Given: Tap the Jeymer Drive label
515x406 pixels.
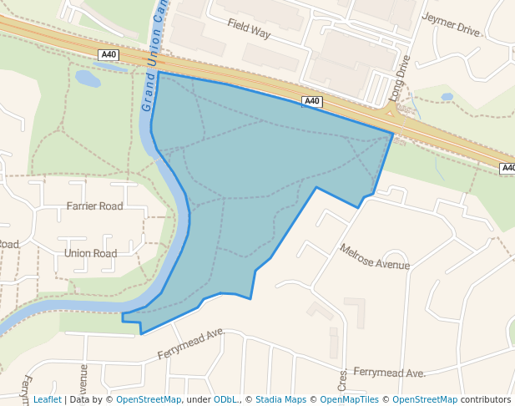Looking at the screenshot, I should point(452,24).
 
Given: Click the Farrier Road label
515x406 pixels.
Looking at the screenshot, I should point(94,206).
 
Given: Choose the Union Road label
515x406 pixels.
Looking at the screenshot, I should point(90,253).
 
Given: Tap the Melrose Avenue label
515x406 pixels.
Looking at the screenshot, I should point(375,256).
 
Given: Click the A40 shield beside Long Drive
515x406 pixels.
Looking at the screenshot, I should point(311,101).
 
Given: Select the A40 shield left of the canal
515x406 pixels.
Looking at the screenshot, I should point(108,54).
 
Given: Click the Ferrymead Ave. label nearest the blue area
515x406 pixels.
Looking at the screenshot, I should point(192,344).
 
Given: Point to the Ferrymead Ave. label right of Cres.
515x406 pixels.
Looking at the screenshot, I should point(389,372).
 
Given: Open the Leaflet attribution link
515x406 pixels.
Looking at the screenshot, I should point(47,399).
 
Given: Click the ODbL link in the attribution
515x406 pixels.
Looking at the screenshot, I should point(225,399).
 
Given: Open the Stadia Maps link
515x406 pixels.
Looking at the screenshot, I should point(280,399).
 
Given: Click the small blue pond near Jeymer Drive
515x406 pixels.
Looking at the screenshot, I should point(447,97).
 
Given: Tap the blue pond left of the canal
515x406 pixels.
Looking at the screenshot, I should point(88,79).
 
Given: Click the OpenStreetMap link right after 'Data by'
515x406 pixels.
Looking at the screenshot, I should point(149,399).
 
